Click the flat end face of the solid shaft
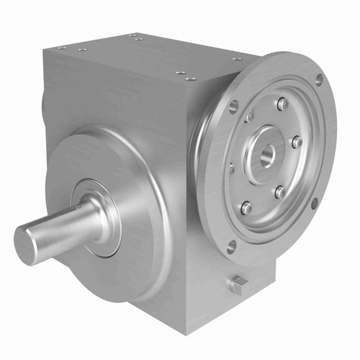click(x=31, y=243)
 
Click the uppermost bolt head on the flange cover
click(x=283, y=104)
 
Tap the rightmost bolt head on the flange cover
click(x=297, y=142)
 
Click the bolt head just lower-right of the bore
click(x=279, y=192)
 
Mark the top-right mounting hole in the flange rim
click(x=318, y=79)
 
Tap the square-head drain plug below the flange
click(x=238, y=284)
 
